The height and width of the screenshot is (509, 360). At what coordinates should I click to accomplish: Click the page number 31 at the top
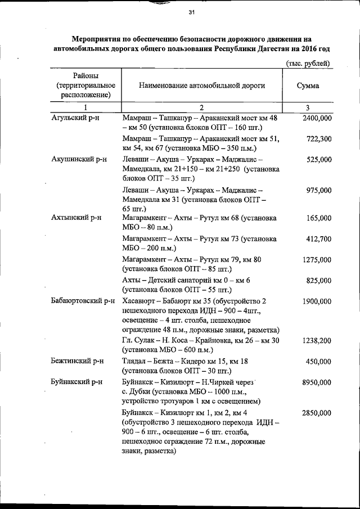tap(191, 13)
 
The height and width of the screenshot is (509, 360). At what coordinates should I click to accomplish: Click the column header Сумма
tap(308, 86)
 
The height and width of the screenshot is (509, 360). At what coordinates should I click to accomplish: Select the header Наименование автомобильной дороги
tap(202, 86)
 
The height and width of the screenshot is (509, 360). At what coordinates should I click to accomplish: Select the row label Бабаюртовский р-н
tap(82, 301)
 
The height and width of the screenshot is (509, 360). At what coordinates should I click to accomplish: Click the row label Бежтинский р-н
tap(78, 362)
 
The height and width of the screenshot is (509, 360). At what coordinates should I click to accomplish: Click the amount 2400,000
tap(317, 119)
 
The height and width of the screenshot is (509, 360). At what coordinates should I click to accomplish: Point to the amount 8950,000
tap(317, 382)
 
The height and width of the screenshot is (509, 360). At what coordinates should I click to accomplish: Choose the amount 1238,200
tap(317, 341)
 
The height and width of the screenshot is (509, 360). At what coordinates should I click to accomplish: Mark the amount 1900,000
tap(317, 301)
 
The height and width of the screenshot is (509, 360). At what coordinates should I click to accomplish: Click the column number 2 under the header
tap(202, 107)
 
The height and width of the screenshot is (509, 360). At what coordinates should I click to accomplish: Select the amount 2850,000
tap(317, 412)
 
